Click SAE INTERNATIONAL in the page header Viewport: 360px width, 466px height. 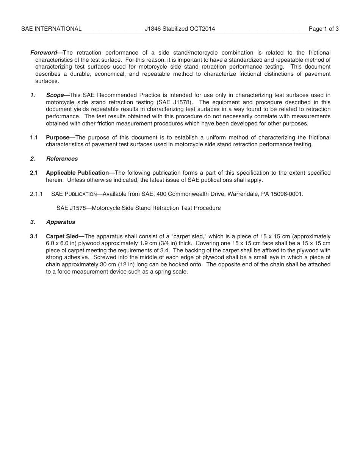pos(51,29)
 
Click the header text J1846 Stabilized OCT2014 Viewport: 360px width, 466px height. pos(180,29)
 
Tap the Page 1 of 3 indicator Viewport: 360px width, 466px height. pos(324,29)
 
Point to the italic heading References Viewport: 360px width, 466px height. pos(62,159)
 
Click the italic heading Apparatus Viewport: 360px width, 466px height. pos(61,222)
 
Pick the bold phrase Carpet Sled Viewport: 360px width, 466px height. pos(63,236)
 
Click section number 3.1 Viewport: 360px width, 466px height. pos(34,236)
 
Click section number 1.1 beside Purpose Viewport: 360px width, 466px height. pos(34,138)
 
